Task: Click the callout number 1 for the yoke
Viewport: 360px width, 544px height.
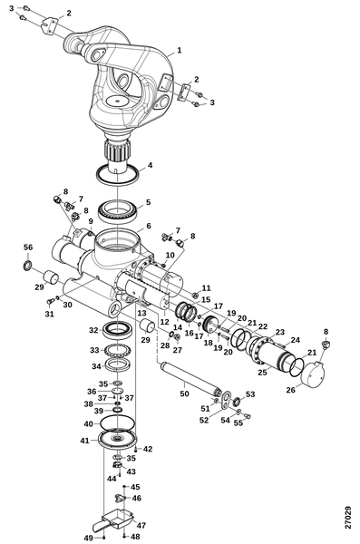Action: point(180,50)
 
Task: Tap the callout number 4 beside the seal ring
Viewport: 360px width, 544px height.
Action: point(150,165)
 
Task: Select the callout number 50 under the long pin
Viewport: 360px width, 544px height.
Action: point(184,393)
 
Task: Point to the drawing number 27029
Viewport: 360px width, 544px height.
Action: point(348,518)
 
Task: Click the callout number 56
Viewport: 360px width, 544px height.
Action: point(28,247)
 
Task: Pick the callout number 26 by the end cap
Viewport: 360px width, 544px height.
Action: point(290,390)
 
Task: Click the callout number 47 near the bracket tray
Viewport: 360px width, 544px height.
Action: point(141,526)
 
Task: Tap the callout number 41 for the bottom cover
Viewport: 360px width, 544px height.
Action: point(84,441)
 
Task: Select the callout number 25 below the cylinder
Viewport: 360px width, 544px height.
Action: point(262,373)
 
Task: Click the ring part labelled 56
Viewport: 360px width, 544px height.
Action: point(27,266)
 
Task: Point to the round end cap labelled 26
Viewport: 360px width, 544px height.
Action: point(313,374)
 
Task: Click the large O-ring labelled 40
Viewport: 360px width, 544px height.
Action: point(117,423)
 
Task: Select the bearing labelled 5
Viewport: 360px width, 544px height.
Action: point(119,212)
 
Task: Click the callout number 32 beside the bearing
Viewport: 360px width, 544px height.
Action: point(93,330)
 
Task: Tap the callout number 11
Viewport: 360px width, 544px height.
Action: point(206,288)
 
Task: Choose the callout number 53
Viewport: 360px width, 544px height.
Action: point(250,394)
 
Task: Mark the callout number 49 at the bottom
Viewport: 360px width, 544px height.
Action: point(89,538)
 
